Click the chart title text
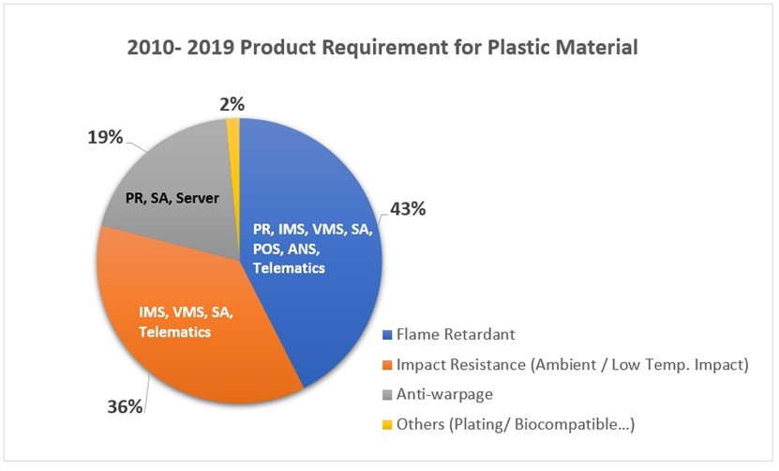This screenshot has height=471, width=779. pos(389,47)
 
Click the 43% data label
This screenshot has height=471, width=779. pos(407,208)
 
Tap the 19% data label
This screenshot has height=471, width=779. pos(104,137)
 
